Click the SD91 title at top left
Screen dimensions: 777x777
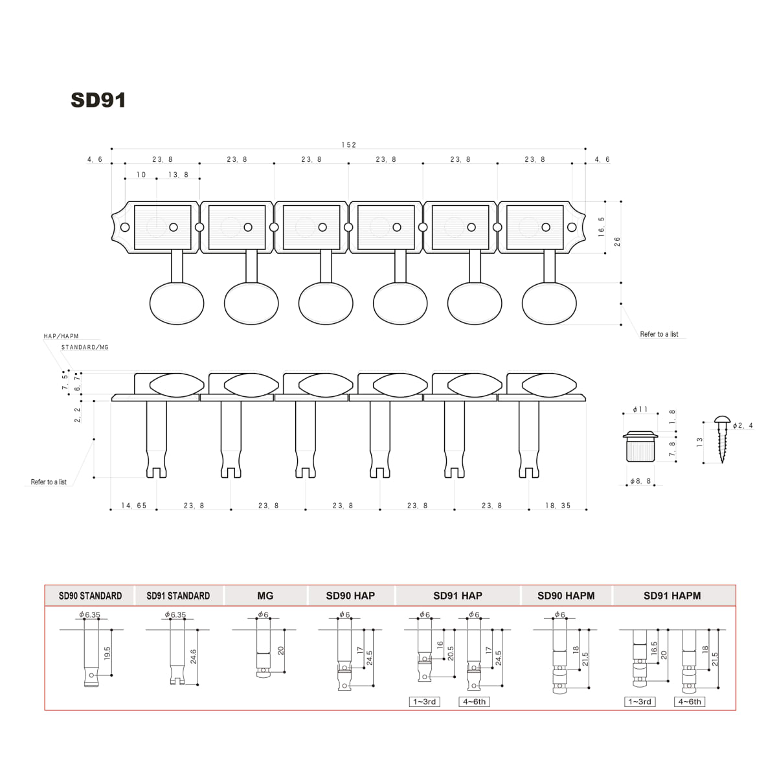pyautogui.click(x=98, y=100)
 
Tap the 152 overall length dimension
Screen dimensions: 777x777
pyautogui.click(x=349, y=145)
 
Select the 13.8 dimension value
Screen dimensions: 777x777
pyautogui.click(x=178, y=175)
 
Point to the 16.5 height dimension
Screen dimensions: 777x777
pyautogui.click(x=602, y=227)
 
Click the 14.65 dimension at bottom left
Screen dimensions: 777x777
pyautogui.click(x=134, y=506)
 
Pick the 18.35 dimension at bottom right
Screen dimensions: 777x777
pyautogui.click(x=557, y=506)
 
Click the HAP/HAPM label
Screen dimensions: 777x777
pyautogui.click(x=61, y=337)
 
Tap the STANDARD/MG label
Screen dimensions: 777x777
pyautogui.click(x=85, y=348)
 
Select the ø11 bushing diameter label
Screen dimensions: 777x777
pyautogui.click(x=640, y=410)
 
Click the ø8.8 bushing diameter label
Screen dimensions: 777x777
pyautogui.click(x=640, y=482)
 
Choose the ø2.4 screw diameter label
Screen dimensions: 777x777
pyautogui.click(x=743, y=425)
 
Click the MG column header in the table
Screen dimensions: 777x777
pyautogui.click(x=265, y=596)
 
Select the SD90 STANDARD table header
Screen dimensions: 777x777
pyautogui.click(x=90, y=596)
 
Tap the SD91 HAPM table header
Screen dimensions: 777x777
pyautogui.click(x=671, y=596)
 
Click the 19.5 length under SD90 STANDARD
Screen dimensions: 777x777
pyautogui.click(x=107, y=653)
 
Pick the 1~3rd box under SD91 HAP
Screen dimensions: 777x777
pyautogui.click(x=424, y=702)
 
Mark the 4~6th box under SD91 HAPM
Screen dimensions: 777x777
pyautogui.click(x=690, y=702)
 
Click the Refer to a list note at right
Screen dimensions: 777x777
pyautogui.click(x=659, y=334)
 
